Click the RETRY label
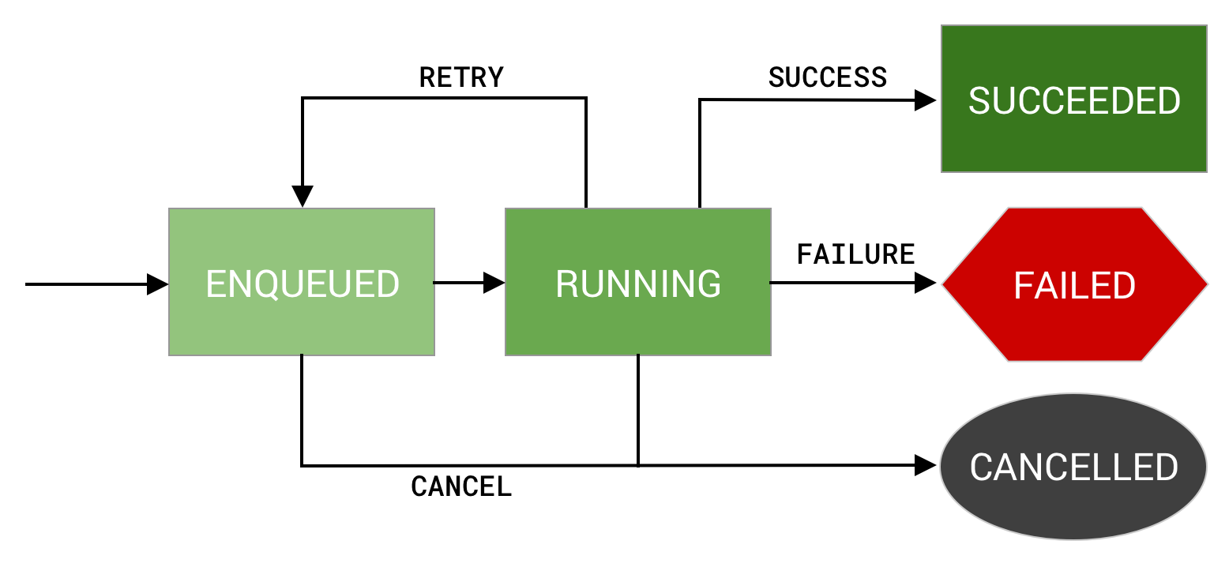pos(461,77)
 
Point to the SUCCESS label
pos(828,77)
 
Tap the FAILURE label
pos(855,254)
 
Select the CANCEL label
pos(461,486)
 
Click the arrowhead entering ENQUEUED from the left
pos(158,283)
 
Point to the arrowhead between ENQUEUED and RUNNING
pos(494,282)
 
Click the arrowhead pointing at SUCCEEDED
pos(926,100)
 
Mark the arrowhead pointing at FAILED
pos(926,283)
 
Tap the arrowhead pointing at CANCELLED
pos(926,465)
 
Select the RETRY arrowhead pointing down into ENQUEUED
pos(303,197)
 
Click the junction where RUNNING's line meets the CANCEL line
pos(638,465)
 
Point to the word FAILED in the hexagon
pos(1074,286)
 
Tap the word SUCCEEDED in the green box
pos(1074,101)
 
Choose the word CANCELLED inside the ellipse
pos(1074,467)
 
